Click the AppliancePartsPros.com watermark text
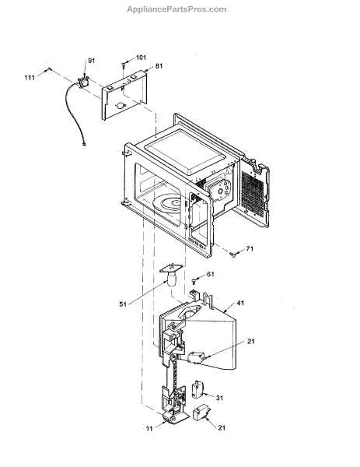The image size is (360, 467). pos(177,9)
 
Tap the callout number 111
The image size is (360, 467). pos(30,78)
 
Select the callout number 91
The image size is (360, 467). pos(91,61)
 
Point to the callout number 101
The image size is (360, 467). pos(141,58)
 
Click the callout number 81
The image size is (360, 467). pos(159,66)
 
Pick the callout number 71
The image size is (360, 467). pos(250,249)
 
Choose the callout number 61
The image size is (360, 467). pos(211,274)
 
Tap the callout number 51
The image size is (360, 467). pos(123,304)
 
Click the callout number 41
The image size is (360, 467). pos(240,303)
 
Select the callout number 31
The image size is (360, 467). pos(219,398)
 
